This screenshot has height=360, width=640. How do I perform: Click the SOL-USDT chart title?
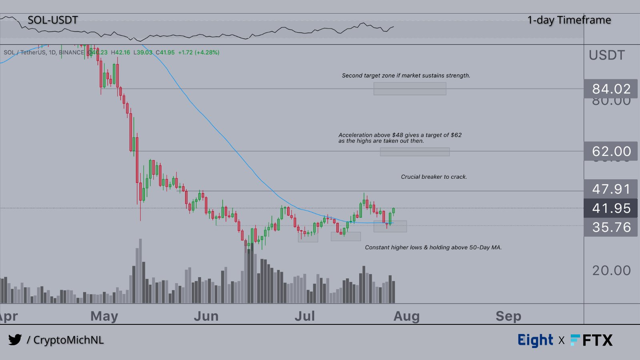point(52,20)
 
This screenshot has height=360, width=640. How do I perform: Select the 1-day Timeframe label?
point(569,20)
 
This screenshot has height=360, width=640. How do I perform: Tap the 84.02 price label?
point(611,89)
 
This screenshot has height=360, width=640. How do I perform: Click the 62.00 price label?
point(611,151)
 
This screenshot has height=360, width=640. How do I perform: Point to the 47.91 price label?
point(611,189)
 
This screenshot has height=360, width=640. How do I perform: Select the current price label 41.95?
point(611,208)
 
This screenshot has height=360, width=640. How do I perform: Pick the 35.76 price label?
point(611,227)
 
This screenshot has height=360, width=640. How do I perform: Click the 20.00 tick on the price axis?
point(611,270)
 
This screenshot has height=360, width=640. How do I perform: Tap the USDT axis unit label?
point(606,55)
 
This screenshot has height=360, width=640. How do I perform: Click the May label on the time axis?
point(104,316)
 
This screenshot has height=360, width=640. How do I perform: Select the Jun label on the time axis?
point(206,316)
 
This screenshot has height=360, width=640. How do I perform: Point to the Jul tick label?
point(305,316)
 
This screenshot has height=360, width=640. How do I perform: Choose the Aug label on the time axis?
point(406,316)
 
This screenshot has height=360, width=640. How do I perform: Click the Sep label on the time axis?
point(508,316)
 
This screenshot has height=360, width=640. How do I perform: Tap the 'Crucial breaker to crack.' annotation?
point(434,177)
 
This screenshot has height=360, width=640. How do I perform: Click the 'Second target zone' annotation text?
point(406,76)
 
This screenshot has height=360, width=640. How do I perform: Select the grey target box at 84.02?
point(410,89)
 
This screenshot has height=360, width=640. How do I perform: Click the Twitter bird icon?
point(15,340)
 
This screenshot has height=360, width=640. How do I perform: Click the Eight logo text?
point(535,340)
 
